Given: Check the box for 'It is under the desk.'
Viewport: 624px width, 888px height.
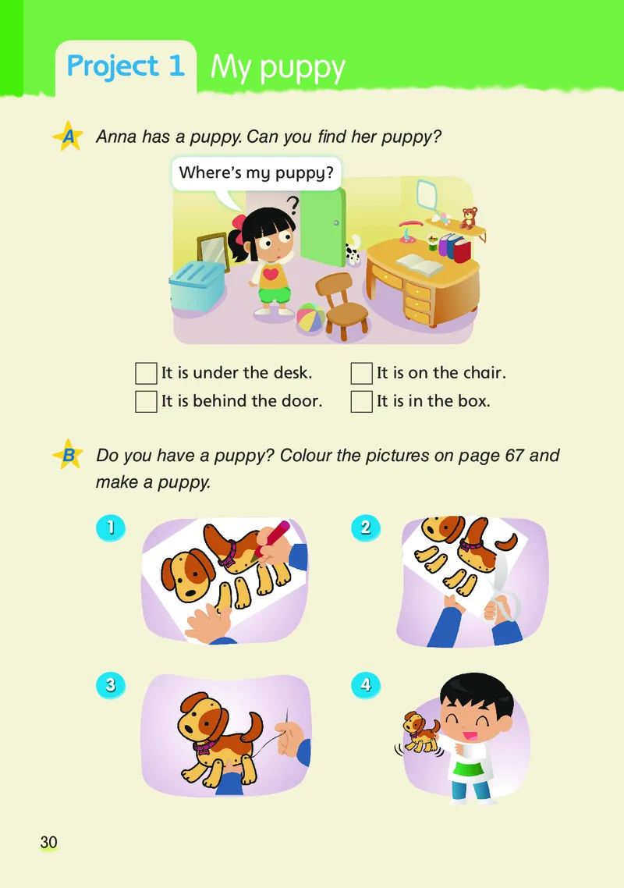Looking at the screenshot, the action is tap(146, 373).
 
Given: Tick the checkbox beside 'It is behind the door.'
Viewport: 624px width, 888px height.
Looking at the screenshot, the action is tap(146, 402).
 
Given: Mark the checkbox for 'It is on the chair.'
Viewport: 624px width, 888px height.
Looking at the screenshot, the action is tap(361, 373).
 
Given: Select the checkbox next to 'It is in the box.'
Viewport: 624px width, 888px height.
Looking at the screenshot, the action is tap(361, 402).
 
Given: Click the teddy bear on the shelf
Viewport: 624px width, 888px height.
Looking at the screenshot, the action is tap(468, 218).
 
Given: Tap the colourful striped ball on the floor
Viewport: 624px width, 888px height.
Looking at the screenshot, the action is tap(311, 319).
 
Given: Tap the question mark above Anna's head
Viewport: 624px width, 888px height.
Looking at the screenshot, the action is tap(292, 205).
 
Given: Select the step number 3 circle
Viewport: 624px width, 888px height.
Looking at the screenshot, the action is tap(111, 684).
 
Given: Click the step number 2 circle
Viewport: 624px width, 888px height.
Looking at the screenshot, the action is tap(365, 527).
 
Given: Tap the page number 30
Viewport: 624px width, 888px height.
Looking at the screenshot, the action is tap(48, 842).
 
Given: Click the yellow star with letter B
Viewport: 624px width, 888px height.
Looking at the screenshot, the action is tap(69, 455).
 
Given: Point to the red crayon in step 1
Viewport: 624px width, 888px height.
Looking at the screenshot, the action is tap(271, 539).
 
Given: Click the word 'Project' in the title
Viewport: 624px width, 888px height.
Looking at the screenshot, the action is tap(112, 67).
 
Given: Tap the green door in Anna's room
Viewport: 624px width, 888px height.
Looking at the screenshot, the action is tap(323, 227).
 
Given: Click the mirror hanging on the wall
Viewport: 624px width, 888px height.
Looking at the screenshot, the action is tap(427, 194).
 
